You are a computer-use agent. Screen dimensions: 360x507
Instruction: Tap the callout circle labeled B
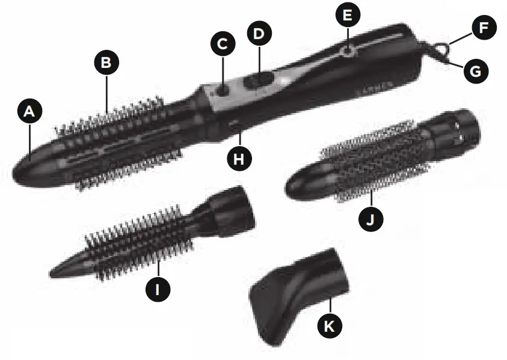click(x=106, y=62)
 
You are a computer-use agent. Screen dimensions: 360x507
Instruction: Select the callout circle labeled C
click(x=223, y=44)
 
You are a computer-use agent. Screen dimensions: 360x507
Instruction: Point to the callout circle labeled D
click(x=259, y=34)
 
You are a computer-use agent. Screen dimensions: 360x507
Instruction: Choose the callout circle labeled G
click(x=475, y=71)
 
